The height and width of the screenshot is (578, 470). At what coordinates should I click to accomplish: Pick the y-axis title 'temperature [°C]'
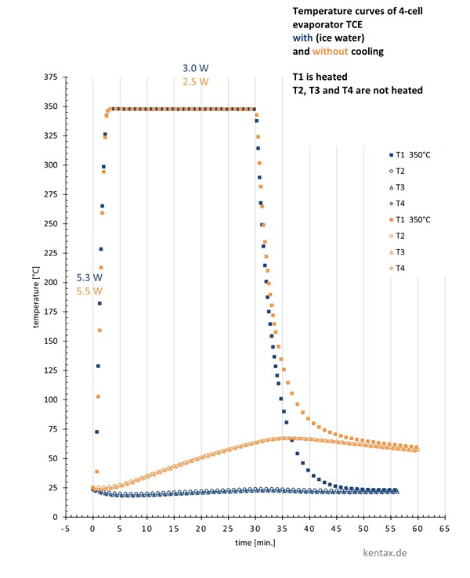pyautogui.click(x=36, y=297)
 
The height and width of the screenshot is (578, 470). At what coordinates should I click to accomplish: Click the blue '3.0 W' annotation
pyautogui.click(x=194, y=69)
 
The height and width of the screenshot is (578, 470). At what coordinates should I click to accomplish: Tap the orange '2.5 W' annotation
pyautogui.click(x=194, y=81)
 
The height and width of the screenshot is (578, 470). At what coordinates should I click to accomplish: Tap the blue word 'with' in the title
pyautogui.click(x=303, y=39)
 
